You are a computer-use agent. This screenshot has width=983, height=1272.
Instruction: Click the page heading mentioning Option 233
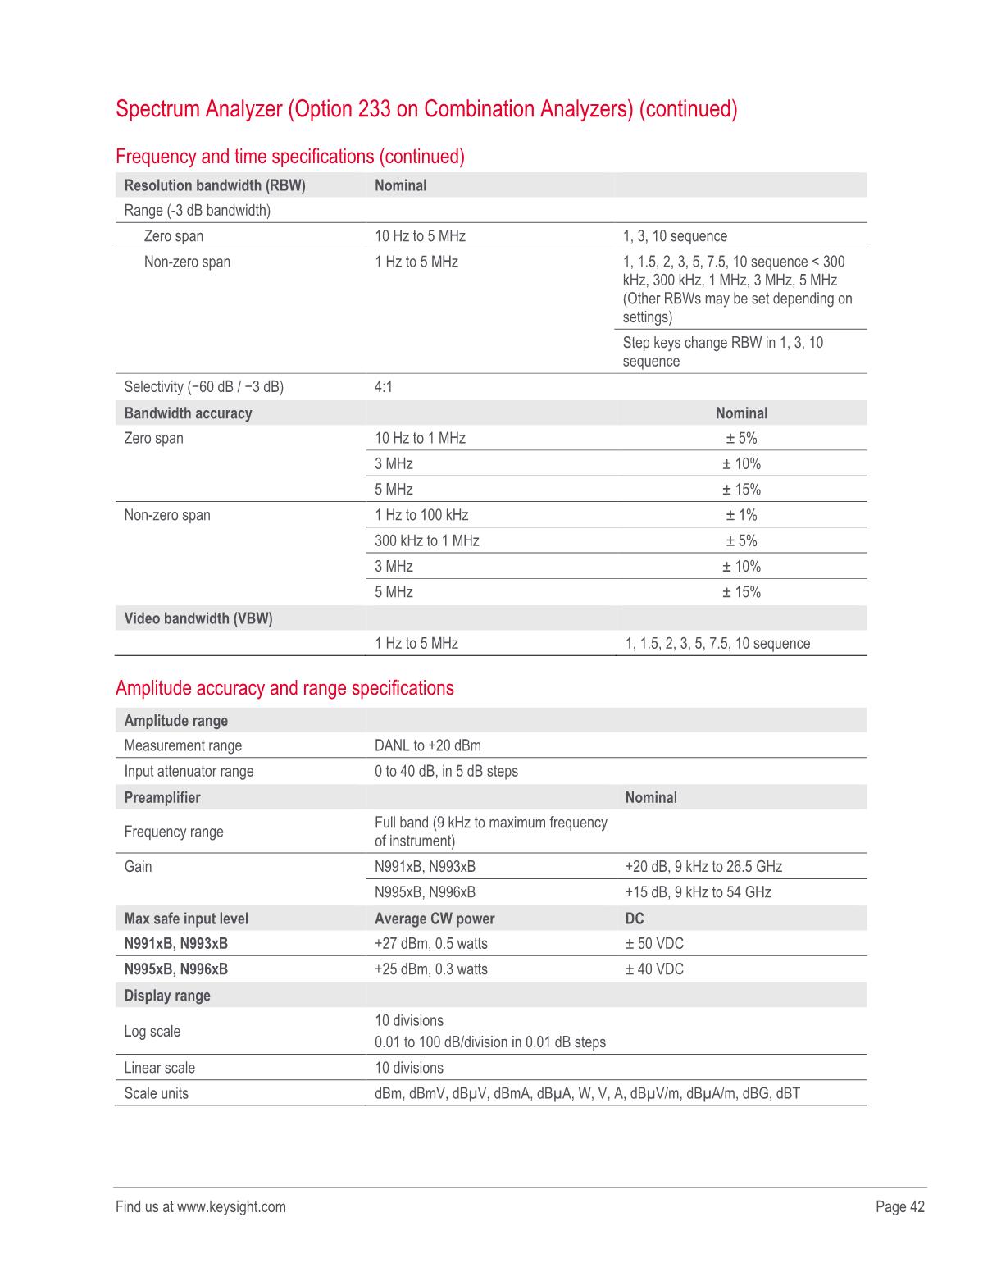(426, 109)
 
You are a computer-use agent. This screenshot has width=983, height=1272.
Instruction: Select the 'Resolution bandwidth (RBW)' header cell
(215, 185)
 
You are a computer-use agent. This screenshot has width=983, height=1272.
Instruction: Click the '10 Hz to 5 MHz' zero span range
(420, 236)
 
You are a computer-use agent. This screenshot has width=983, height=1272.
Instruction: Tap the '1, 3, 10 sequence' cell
(675, 236)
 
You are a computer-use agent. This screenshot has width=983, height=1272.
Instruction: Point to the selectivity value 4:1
(384, 387)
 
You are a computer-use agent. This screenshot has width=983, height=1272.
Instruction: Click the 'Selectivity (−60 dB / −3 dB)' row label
(203, 387)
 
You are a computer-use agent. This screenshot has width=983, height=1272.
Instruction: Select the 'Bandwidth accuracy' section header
(188, 413)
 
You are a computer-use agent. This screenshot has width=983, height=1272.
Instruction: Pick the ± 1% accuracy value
(741, 515)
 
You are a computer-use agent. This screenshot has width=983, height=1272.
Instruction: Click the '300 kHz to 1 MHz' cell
(427, 540)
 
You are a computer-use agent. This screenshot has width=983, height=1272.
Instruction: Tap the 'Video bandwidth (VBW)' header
(198, 618)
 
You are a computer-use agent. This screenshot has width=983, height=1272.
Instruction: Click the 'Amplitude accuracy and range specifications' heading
(284, 688)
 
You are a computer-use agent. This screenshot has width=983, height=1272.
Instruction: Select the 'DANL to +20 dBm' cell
(428, 745)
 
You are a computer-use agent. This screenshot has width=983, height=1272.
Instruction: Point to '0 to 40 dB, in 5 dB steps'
(446, 771)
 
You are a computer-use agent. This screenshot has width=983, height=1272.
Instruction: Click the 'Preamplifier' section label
(162, 797)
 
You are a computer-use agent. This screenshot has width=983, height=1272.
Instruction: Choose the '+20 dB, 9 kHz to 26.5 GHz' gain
(703, 867)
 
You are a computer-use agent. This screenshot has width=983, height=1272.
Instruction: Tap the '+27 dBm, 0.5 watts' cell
(431, 944)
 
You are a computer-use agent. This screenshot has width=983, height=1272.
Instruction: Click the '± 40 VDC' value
(654, 969)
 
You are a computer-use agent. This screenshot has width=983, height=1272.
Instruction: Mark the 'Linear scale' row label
(160, 1068)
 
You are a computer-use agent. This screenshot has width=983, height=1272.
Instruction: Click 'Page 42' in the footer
(899, 1206)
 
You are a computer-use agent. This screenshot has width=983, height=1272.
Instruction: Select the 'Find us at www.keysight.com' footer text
(201, 1206)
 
